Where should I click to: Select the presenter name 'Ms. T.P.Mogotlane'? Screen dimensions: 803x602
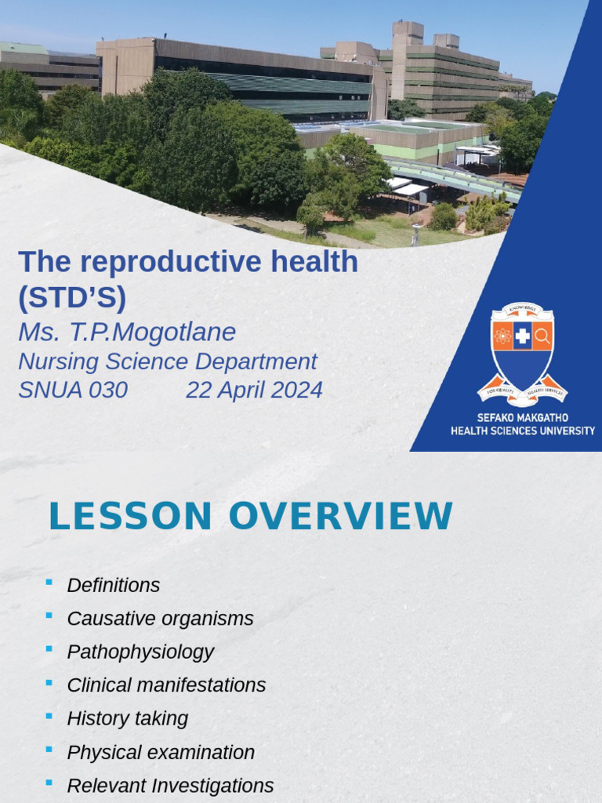click(126, 332)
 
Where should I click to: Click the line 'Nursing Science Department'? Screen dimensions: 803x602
click(167, 362)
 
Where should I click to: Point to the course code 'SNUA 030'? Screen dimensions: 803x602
click(72, 390)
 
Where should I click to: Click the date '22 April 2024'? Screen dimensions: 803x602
click(254, 390)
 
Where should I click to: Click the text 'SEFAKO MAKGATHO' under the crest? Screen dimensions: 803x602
click(522, 418)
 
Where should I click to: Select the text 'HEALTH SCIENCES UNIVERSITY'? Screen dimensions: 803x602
click(522, 431)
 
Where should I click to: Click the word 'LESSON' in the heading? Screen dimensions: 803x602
click(130, 516)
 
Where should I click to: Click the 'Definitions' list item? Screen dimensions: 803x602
click(113, 585)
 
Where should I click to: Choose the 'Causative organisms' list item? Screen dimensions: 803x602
click(160, 618)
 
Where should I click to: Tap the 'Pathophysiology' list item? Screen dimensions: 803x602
click(140, 652)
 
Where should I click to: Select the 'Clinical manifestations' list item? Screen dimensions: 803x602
click(166, 685)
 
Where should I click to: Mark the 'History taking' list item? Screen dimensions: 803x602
click(127, 718)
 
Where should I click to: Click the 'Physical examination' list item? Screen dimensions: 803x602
click(161, 752)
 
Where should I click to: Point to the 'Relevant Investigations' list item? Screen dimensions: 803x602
click(170, 785)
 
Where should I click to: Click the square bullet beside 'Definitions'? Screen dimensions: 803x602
click(49, 582)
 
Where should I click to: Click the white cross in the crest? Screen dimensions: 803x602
click(522, 336)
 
